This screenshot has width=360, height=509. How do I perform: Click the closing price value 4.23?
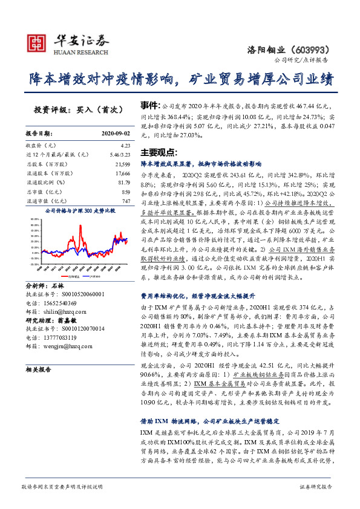click(x=125, y=146)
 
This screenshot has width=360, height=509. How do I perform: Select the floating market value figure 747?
click(x=126, y=200)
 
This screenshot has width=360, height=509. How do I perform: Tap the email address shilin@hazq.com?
click(x=57, y=307)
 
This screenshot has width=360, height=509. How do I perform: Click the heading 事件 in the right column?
click(x=149, y=105)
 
